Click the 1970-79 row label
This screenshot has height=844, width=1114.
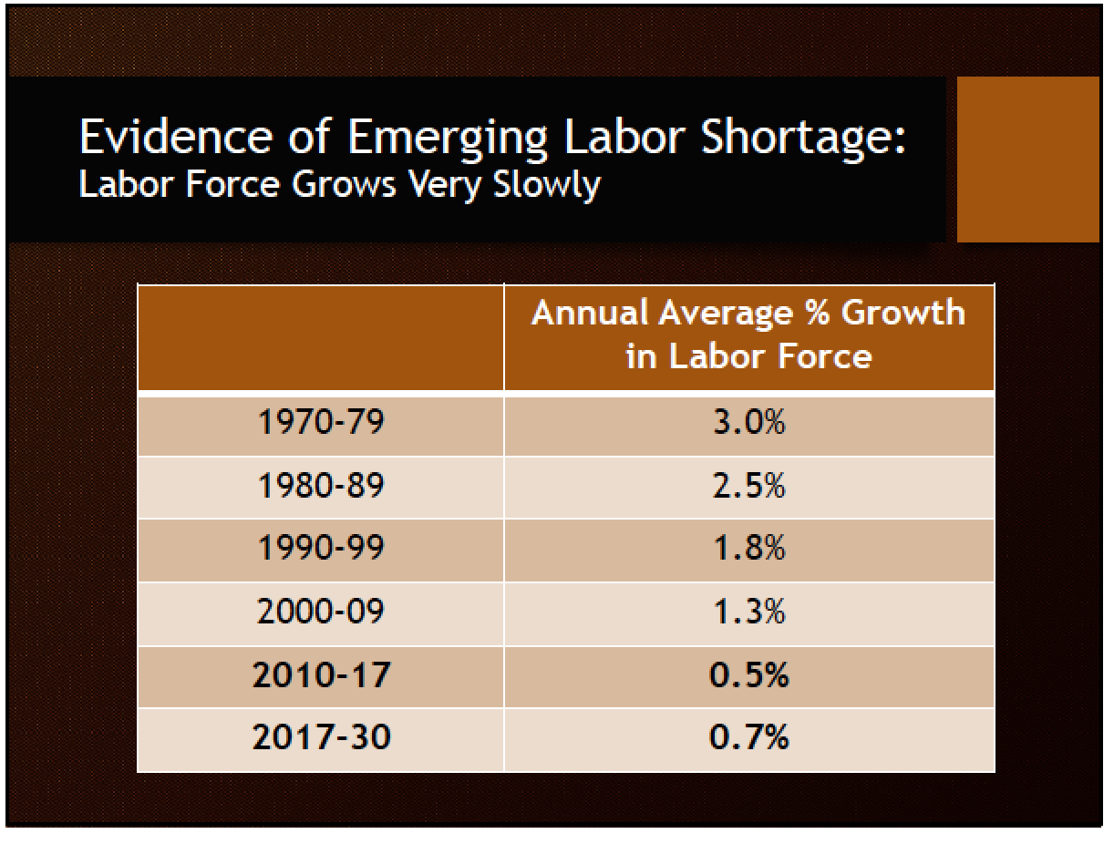(x=320, y=425)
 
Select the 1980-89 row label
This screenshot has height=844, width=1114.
(x=320, y=487)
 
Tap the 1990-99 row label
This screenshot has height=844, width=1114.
(x=320, y=549)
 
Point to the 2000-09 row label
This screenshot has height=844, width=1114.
(x=320, y=612)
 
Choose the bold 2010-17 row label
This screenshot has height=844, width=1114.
(x=321, y=675)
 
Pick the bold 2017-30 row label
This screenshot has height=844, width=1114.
(x=321, y=737)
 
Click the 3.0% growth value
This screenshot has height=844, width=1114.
(x=748, y=425)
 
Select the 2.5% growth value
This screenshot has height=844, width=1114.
(x=748, y=487)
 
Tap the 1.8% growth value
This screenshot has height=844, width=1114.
(x=748, y=549)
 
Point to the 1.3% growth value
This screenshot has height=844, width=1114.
(x=748, y=612)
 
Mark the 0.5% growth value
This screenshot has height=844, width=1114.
(x=748, y=675)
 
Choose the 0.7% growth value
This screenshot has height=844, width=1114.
(x=748, y=737)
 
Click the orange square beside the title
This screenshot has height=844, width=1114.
(x=1027, y=160)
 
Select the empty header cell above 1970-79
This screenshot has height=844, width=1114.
(x=320, y=338)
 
